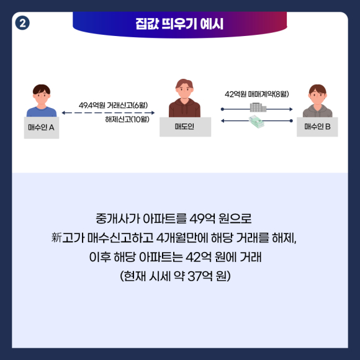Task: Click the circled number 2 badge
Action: click(22, 23)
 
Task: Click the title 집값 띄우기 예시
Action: click(179, 24)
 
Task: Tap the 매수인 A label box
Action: click(42, 128)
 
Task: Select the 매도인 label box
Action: click(186, 127)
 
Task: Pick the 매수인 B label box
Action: click(317, 127)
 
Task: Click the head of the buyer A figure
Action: click(42, 94)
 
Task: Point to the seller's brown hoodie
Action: click(184, 109)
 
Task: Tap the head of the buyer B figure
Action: click(318, 94)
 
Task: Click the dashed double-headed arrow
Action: click(108, 113)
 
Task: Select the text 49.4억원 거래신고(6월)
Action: click(113, 106)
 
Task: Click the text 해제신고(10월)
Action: click(127, 119)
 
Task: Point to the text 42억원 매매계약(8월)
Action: click(257, 94)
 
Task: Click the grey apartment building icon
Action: click(258, 107)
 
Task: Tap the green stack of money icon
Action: click(256, 122)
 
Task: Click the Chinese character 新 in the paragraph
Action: click(56, 237)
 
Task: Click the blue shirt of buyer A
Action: click(42, 112)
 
